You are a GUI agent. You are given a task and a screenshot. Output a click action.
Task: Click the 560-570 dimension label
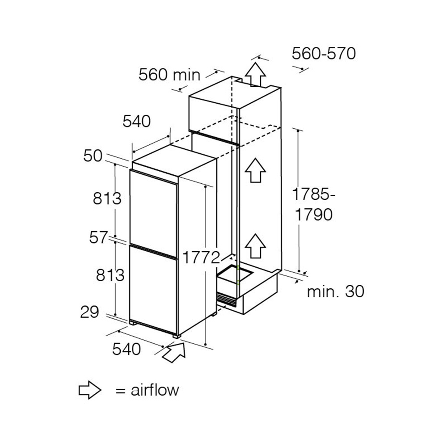(324, 54)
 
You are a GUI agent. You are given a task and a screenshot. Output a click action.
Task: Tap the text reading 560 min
(169, 75)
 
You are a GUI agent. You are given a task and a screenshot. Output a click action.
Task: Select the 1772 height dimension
(201, 257)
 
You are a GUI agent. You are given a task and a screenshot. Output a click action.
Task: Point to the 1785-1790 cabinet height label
(313, 204)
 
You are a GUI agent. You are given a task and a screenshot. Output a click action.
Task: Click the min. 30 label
(335, 292)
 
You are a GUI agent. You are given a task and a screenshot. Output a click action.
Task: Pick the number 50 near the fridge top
(93, 156)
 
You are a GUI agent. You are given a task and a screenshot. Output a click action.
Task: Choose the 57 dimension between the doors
(98, 238)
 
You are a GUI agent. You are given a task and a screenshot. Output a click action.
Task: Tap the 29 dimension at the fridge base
(89, 312)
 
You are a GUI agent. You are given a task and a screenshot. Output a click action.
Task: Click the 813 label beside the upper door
(107, 198)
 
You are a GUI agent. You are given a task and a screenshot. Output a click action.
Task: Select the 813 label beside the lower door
(110, 275)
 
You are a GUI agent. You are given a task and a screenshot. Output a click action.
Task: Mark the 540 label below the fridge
(127, 349)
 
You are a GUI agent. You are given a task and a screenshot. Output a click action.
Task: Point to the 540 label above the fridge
(137, 121)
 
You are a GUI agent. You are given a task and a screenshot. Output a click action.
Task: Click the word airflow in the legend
(155, 390)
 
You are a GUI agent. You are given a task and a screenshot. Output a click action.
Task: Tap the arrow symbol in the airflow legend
(89, 390)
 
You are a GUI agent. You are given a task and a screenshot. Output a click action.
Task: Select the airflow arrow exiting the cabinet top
(255, 74)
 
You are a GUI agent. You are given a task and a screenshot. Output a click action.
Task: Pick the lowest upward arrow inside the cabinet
(255, 246)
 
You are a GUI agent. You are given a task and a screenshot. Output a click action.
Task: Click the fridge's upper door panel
(153, 208)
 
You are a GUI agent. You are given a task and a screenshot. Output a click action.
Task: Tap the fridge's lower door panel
(153, 288)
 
